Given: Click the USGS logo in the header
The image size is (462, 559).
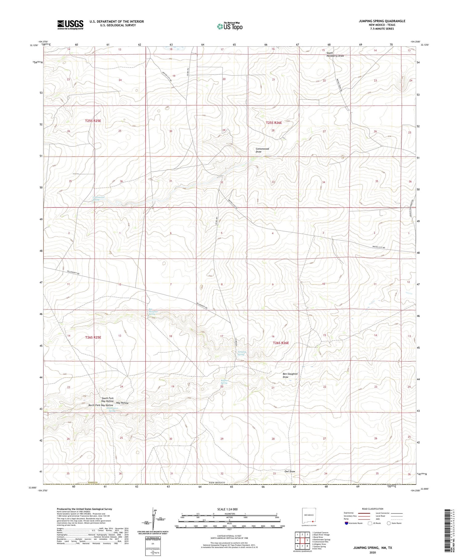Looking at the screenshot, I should (x=70, y=25).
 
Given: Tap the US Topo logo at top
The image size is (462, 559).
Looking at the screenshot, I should (x=229, y=26).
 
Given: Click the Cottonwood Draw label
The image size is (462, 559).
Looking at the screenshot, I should (x=262, y=150).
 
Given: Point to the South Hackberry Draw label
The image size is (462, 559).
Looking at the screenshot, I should (x=335, y=54).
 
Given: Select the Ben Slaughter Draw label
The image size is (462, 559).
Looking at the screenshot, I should (x=290, y=375).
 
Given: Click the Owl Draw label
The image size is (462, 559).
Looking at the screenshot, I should (x=290, y=471).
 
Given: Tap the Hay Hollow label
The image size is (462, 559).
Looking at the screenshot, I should (x=122, y=403).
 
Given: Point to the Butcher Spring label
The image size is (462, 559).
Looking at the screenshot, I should (x=224, y=382).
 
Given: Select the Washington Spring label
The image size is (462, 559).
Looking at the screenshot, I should (x=113, y=409).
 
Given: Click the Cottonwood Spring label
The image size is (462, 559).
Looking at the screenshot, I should (x=99, y=198).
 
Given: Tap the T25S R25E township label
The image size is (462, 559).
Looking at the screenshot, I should (x=93, y=121).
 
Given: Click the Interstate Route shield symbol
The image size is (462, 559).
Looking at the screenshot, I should (x=347, y=523).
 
